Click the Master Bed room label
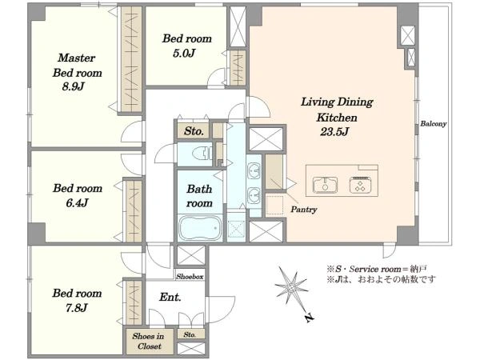[77, 66]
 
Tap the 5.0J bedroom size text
[184, 54]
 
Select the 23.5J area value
[334, 132]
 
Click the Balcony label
[433, 124]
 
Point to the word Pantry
[304, 210]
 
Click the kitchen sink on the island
[325, 185]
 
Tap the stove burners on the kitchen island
[361, 185]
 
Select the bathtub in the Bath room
[200, 228]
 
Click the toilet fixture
[202, 154]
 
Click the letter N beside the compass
[310, 318]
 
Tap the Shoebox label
[190, 277]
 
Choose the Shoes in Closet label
[149, 341]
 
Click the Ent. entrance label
[170, 297]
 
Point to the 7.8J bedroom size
[77, 308]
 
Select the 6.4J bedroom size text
[77, 202]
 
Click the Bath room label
[199, 196]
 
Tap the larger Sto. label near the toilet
[194, 131]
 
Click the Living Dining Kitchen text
[337, 110]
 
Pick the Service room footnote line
[377, 270]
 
